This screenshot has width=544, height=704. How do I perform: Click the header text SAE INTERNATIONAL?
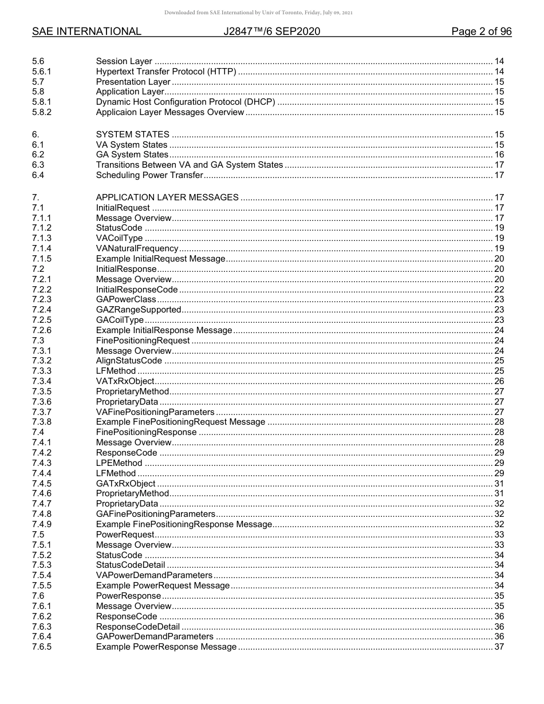pos(86,31)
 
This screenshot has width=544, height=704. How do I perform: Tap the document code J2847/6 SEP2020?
pos(271,31)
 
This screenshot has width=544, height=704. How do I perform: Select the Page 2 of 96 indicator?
pos(481,31)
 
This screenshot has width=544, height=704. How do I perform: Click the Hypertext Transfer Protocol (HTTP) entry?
pos(165,72)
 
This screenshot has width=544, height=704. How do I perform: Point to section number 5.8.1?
pos(42,102)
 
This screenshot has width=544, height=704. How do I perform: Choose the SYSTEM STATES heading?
pos(132,135)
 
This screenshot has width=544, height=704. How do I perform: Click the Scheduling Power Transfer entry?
pos(149,175)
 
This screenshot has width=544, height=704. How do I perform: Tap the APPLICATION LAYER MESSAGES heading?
pos(167,197)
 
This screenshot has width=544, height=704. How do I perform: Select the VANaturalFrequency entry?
pos(137,248)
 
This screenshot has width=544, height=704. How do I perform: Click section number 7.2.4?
pos(42,310)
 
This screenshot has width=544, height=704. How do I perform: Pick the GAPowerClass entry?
pos(126,299)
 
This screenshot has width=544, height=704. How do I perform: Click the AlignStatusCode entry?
pos(129,361)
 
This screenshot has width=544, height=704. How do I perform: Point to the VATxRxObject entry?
pos(125,381)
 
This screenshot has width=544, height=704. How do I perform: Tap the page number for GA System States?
pos(499,155)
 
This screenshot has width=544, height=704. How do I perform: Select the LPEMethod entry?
pos(119,463)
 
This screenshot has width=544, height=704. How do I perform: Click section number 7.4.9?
pos(42,524)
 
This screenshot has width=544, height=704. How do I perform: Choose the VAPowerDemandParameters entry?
pos(154,575)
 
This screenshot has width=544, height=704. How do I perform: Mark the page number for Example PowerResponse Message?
pos(499,647)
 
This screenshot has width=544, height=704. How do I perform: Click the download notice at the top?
pos(258,13)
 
